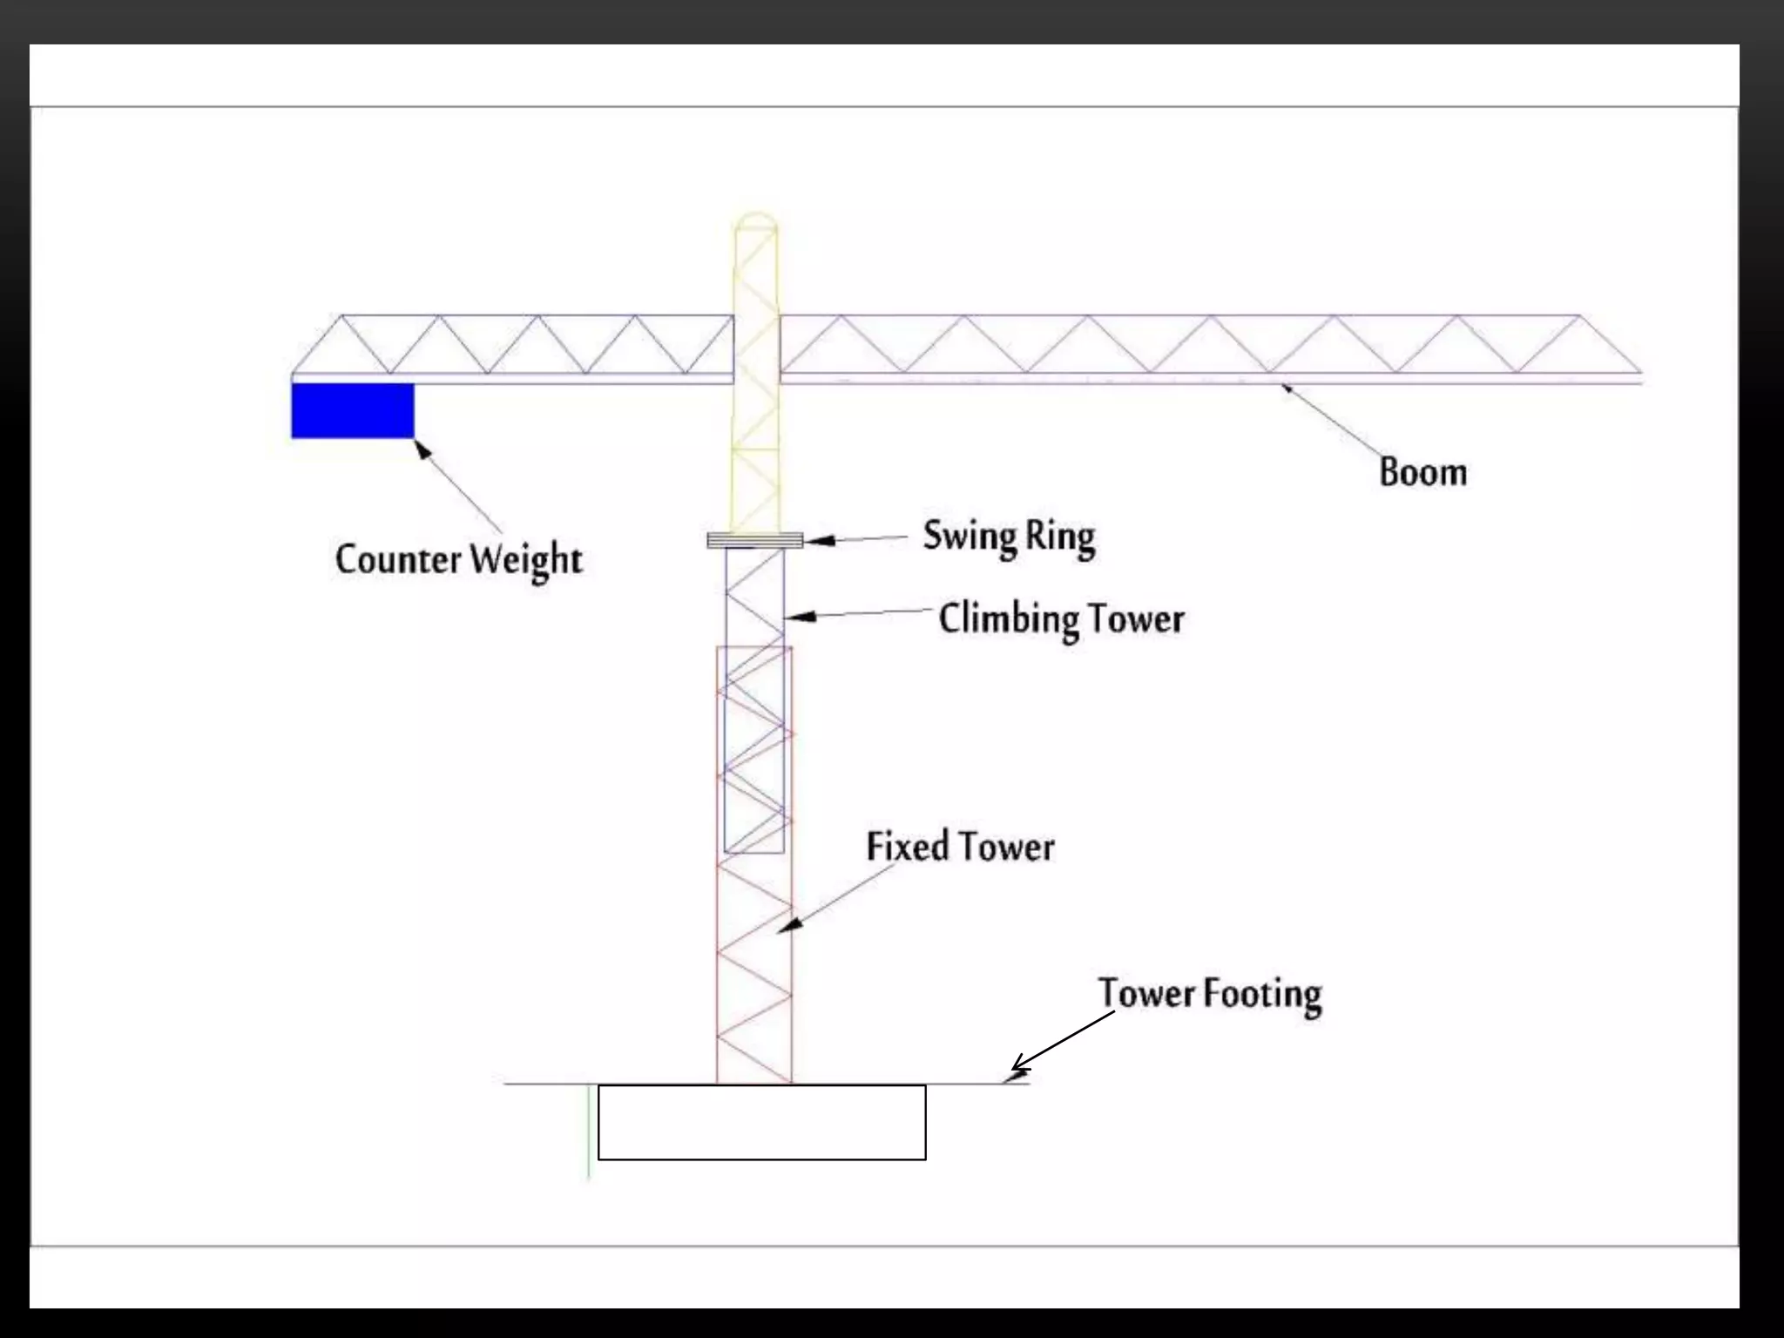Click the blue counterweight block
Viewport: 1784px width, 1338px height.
tap(352, 410)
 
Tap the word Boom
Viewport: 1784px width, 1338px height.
tap(1422, 472)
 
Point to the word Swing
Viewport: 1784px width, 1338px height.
tap(969, 537)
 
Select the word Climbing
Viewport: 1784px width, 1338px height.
tap(1009, 619)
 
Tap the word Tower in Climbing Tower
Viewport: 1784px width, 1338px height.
tap(1136, 619)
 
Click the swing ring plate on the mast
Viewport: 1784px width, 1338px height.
tap(754, 541)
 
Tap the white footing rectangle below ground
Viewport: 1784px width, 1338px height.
tap(761, 1122)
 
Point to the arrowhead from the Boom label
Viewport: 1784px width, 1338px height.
tap(1287, 389)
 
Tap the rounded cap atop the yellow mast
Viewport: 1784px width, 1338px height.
tap(754, 220)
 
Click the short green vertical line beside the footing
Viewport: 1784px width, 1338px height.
tap(590, 1132)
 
